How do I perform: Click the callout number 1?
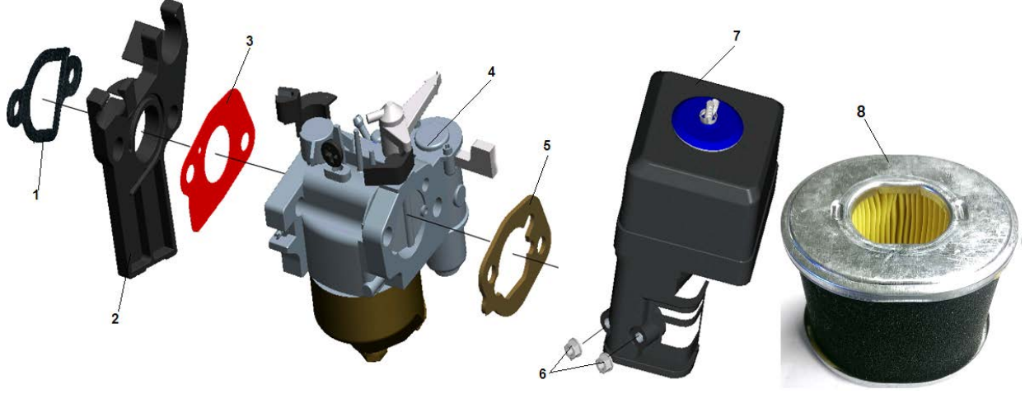[35, 195]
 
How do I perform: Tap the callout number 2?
[115, 318]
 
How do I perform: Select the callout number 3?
[250, 40]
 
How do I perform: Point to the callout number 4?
[491, 72]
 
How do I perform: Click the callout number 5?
[546, 146]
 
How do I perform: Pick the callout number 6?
[543, 374]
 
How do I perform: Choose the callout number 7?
[737, 35]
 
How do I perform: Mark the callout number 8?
[861, 111]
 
